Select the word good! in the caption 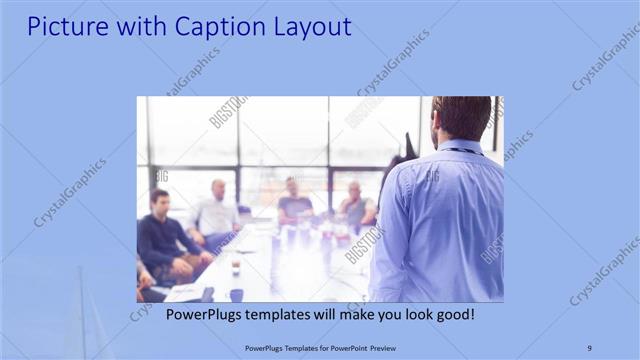[455, 314]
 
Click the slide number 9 [589, 347]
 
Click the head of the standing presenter [462, 118]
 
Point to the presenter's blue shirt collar [462, 147]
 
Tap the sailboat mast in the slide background [82, 310]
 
